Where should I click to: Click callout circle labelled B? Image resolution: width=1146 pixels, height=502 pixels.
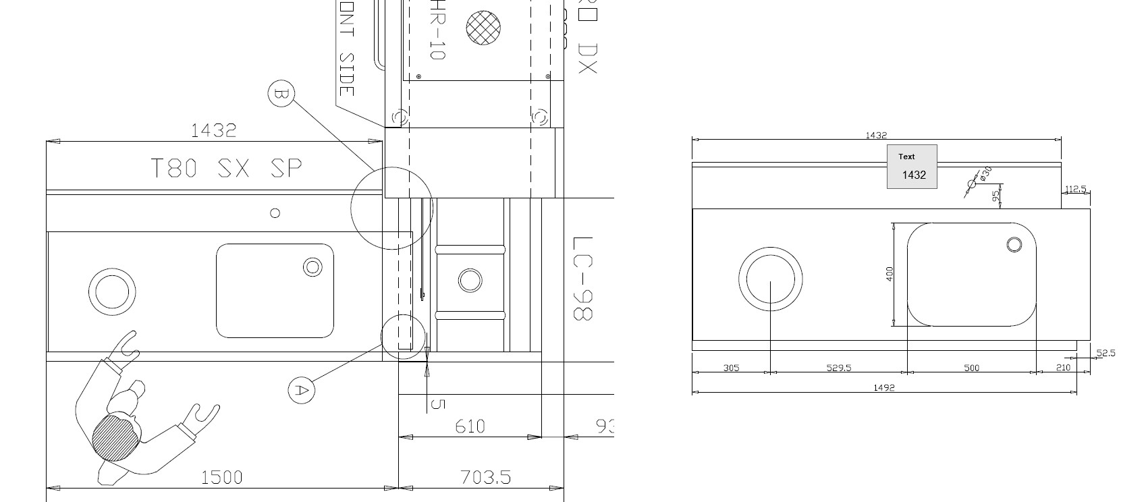click(x=281, y=94)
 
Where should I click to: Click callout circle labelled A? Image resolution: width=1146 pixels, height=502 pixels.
click(x=301, y=390)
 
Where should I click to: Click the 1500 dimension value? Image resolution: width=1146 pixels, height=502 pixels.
click(x=221, y=478)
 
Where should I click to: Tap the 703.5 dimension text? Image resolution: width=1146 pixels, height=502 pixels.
click(x=485, y=478)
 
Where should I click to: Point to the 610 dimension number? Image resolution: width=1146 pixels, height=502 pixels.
click(x=470, y=426)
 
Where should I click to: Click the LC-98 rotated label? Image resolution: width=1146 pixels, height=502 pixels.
click(x=582, y=278)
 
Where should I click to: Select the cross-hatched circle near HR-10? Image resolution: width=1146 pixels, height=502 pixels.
click(x=483, y=28)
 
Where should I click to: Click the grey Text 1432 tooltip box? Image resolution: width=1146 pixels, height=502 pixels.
click(x=912, y=167)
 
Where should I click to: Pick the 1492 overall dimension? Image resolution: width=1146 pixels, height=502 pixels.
click(x=883, y=387)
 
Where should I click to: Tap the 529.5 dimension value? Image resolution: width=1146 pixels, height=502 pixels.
click(x=839, y=368)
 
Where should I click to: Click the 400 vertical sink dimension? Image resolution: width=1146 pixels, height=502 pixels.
click(x=890, y=273)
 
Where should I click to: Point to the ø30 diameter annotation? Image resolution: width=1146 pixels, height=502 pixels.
click(x=985, y=174)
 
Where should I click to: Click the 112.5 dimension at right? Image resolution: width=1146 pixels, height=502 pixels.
click(x=1076, y=189)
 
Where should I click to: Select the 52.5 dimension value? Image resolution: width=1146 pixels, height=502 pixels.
click(x=1106, y=353)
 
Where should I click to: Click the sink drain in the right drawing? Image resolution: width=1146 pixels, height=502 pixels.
click(x=1014, y=244)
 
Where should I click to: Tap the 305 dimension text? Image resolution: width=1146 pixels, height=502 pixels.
click(x=731, y=368)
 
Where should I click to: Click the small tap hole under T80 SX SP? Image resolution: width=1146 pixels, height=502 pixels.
click(x=275, y=213)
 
